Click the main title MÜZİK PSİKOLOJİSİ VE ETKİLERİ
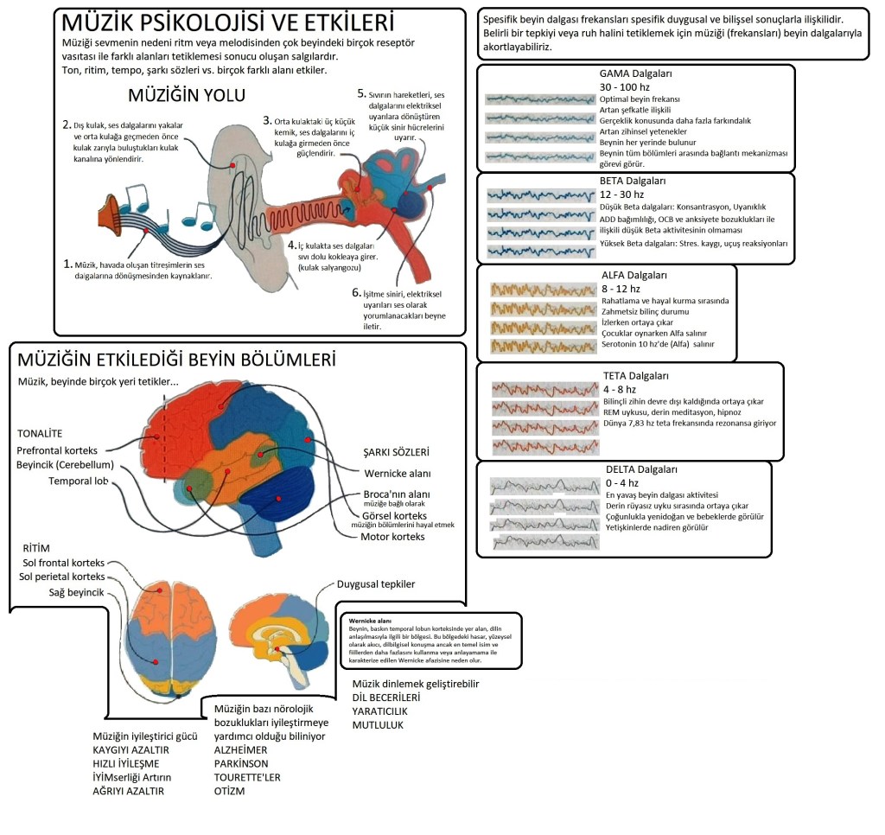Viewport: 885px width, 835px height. [224, 22]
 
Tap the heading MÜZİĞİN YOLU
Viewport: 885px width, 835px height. [187, 94]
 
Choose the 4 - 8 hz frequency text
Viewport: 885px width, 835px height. [619, 389]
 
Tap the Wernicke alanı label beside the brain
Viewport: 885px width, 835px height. [397, 473]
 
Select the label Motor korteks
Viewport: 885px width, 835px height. [392, 537]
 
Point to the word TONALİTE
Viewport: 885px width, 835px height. [40, 432]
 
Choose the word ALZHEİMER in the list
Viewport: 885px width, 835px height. [241, 750]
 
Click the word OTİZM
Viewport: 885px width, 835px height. [229, 791]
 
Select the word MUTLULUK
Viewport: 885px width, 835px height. [378, 724]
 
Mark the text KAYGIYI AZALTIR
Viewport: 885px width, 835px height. [131, 750]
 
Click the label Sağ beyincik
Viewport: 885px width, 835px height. [51, 591]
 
